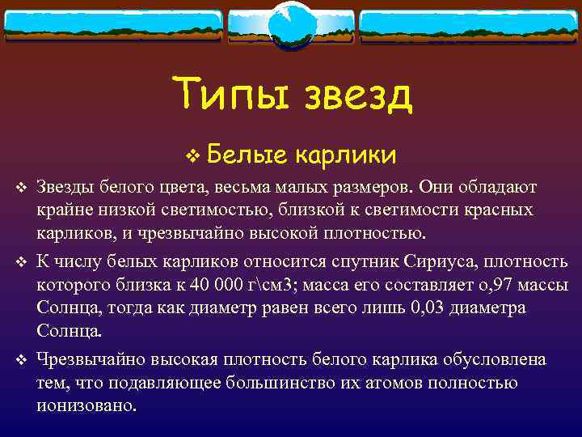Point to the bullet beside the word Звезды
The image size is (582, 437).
pyautogui.click(x=21, y=189)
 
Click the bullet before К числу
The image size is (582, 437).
pyautogui.click(x=21, y=263)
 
